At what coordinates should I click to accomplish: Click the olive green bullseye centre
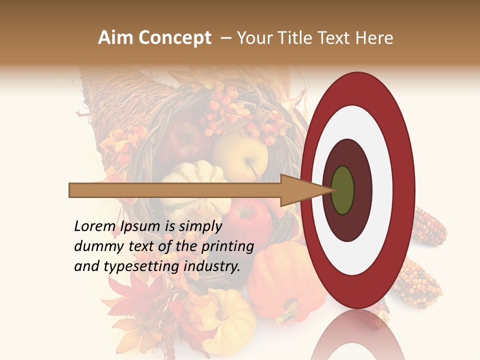click(342, 190)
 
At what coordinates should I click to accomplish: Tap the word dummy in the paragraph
click(97, 246)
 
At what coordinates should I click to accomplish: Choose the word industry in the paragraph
click(211, 266)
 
